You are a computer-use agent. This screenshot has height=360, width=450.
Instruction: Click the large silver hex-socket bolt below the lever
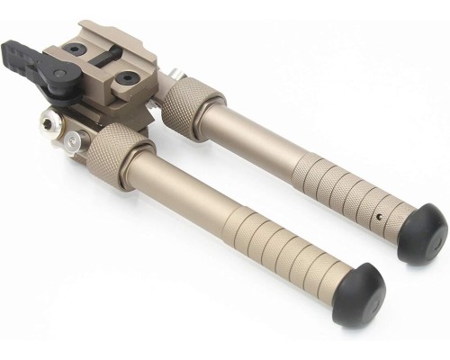coord(52,121)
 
